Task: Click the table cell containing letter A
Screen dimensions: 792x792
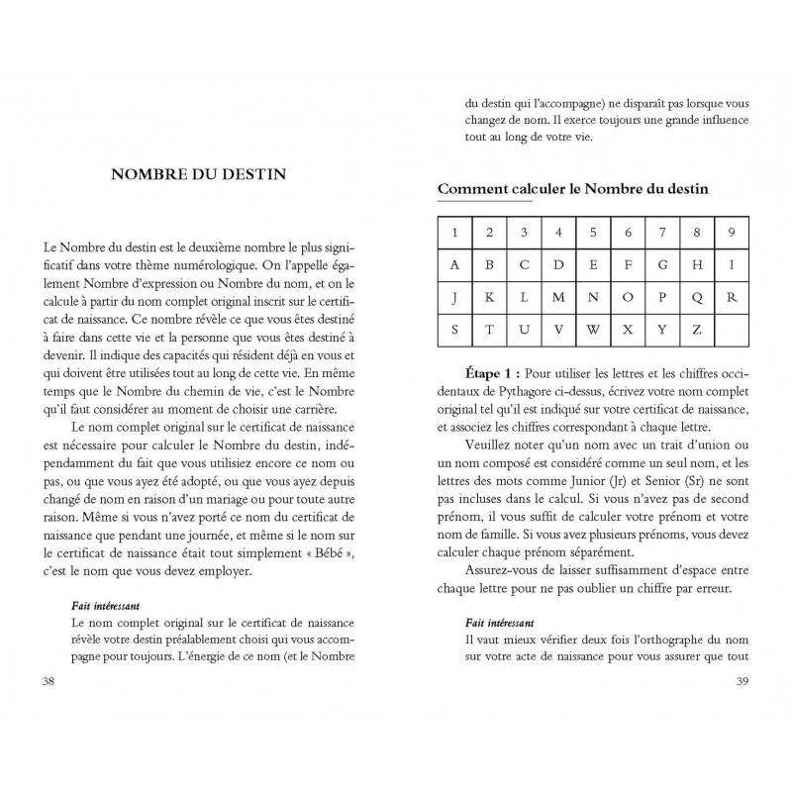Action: pos(453,264)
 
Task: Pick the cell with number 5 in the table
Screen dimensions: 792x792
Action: pos(593,233)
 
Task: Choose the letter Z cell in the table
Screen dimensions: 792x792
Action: pos(697,328)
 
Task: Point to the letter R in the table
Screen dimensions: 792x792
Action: pos(732,296)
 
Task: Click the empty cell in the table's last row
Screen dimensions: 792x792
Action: pos(732,328)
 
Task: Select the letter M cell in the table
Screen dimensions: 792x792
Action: pos(558,296)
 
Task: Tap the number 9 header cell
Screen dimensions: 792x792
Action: pos(732,233)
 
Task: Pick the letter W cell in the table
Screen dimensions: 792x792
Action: pos(593,328)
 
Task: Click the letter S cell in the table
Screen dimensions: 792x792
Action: pos(453,328)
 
